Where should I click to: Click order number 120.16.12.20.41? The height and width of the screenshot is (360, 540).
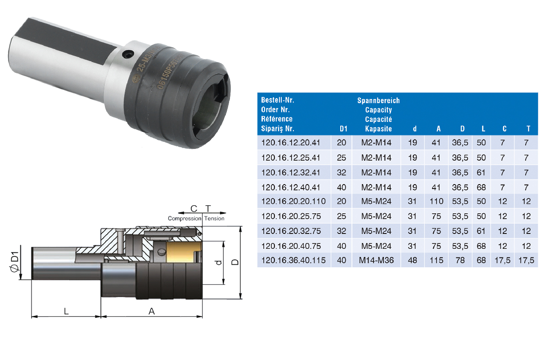291,143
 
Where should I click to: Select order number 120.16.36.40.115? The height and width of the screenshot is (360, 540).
293,261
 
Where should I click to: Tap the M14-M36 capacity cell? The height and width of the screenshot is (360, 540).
376,261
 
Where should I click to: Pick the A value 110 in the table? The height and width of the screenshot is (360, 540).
436,201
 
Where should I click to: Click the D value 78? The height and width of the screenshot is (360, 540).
460,261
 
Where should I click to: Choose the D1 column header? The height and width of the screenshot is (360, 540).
343,129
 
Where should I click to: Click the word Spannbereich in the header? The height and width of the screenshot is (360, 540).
378,100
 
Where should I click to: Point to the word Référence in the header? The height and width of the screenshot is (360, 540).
276,119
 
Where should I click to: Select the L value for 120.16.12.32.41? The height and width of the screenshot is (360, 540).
481,173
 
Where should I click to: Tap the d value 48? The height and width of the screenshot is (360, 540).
413,261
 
